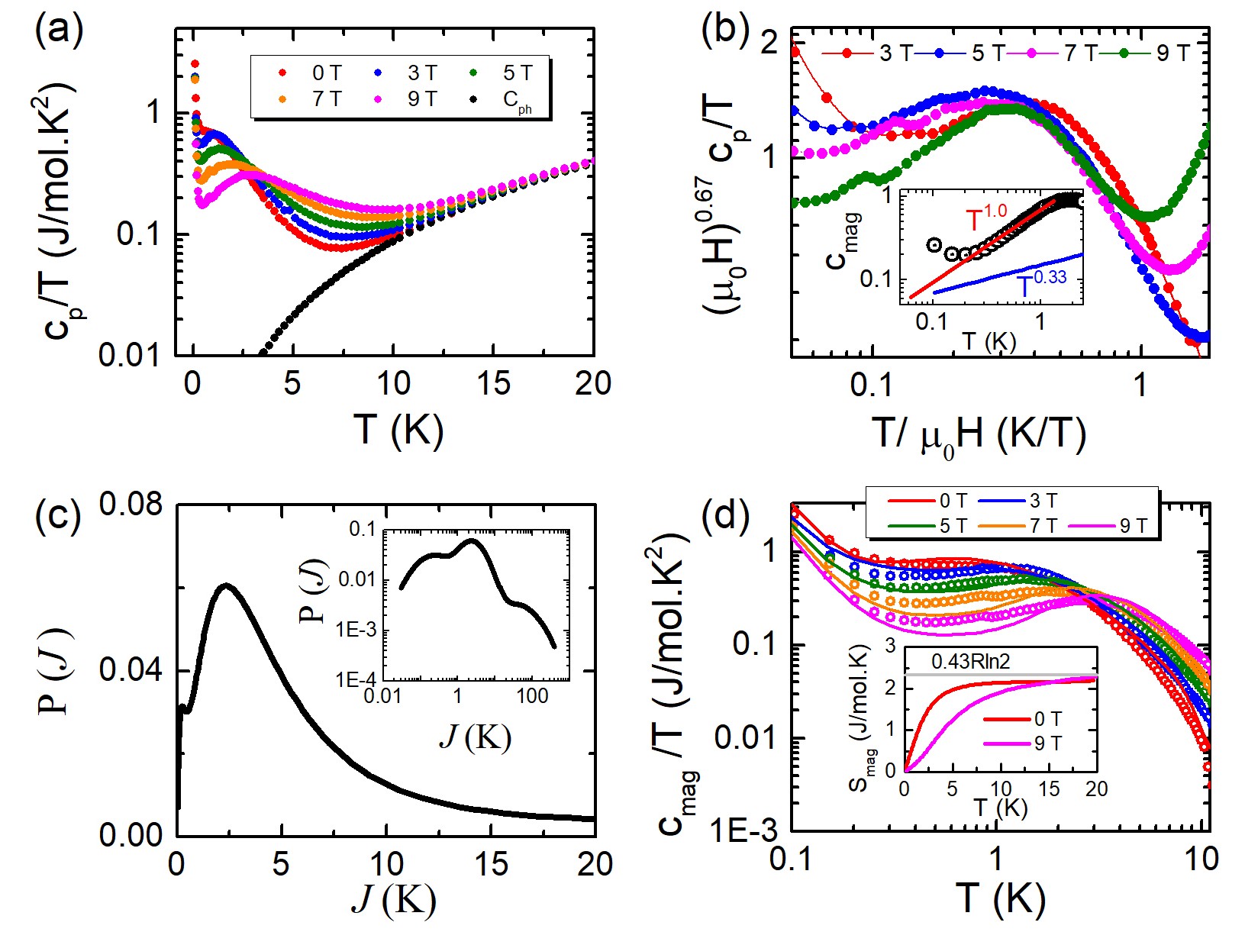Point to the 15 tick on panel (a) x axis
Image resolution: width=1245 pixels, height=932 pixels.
tap(493, 383)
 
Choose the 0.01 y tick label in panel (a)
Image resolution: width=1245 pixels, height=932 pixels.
tap(131, 356)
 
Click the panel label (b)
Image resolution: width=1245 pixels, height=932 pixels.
tap(725, 31)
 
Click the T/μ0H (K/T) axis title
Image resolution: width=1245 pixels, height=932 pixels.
tap(979, 436)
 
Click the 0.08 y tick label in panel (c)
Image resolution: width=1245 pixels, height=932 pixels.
tap(131, 505)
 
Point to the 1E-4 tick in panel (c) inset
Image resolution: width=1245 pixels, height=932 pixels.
tap(356, 678)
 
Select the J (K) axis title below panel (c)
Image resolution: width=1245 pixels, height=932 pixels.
tap(394, 901)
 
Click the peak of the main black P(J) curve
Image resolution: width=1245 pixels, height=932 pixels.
tap(226, 585)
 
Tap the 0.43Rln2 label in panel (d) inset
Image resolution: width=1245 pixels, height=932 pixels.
tap(970, 662)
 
